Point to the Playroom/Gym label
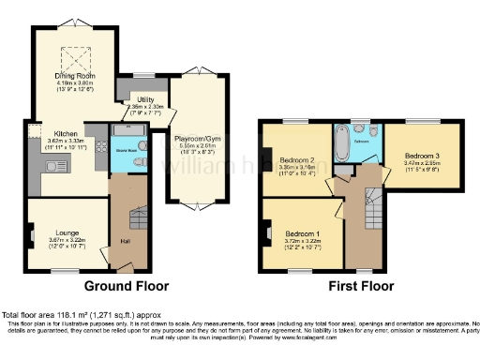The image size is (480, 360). (198, 140)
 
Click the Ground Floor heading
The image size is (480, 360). (127, 284)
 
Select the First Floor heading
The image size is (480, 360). (363, 284)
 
